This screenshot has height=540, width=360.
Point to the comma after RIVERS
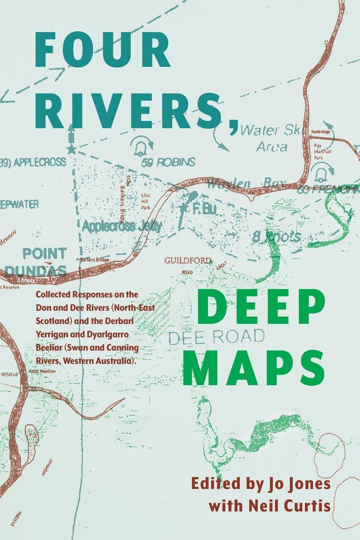click(234, 123)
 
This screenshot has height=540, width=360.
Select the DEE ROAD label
click(216, 337)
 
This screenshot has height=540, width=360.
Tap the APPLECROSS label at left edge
click(34, 162)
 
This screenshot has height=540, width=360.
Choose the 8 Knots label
click(276, 237)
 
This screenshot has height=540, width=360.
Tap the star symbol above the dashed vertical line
click(71, 149)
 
